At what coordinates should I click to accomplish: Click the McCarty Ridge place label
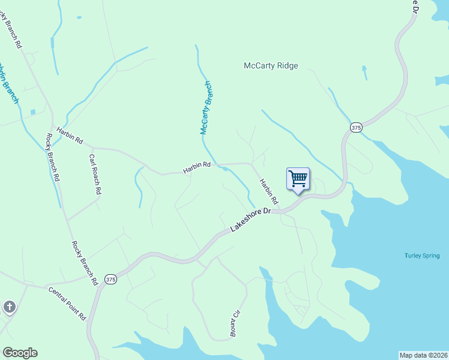pyautogui.click(x=271, y=66)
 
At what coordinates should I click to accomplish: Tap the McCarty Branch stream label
pyautogui.click(x=206, y=108)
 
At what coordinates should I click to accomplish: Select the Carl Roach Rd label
pyautogui.click(x=95, y=175)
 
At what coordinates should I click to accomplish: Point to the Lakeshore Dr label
pyautogui.click(x=252, y=220)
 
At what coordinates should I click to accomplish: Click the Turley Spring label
pyautogui.click(x=422, y=256)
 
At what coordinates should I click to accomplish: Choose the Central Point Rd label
pyautogui.click(x=67, y=304)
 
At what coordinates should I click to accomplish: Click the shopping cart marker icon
pyautogui.click(x=298, y=179)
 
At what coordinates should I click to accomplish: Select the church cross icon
pyautogui.click(x=9, y=308)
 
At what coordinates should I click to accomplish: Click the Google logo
pyautogui.click(x=20, y=353)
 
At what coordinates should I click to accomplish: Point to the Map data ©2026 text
pyautogui.click(x=423, y=355)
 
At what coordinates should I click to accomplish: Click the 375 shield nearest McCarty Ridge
pyautogui.click(x=357, y=128)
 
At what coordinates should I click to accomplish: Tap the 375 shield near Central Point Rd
pyautogui.click(x=110, y=280)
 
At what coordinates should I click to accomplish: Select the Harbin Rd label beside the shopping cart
pyautogui.click(x=270, y=190)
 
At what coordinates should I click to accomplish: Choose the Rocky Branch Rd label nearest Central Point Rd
pyautogui.click(x=84, y=262)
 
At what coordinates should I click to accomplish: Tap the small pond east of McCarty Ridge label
pyautogui.click(x=364, y=73)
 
